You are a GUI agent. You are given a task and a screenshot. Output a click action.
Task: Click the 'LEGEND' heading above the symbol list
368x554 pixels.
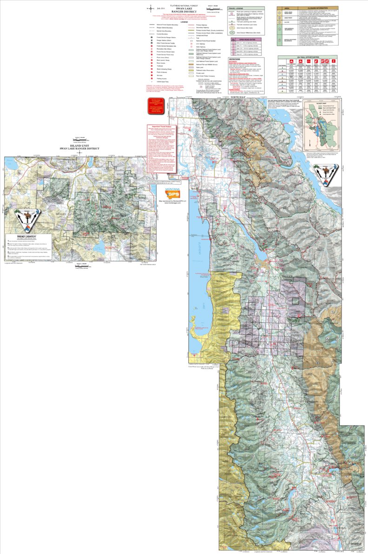click(184, 21)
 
